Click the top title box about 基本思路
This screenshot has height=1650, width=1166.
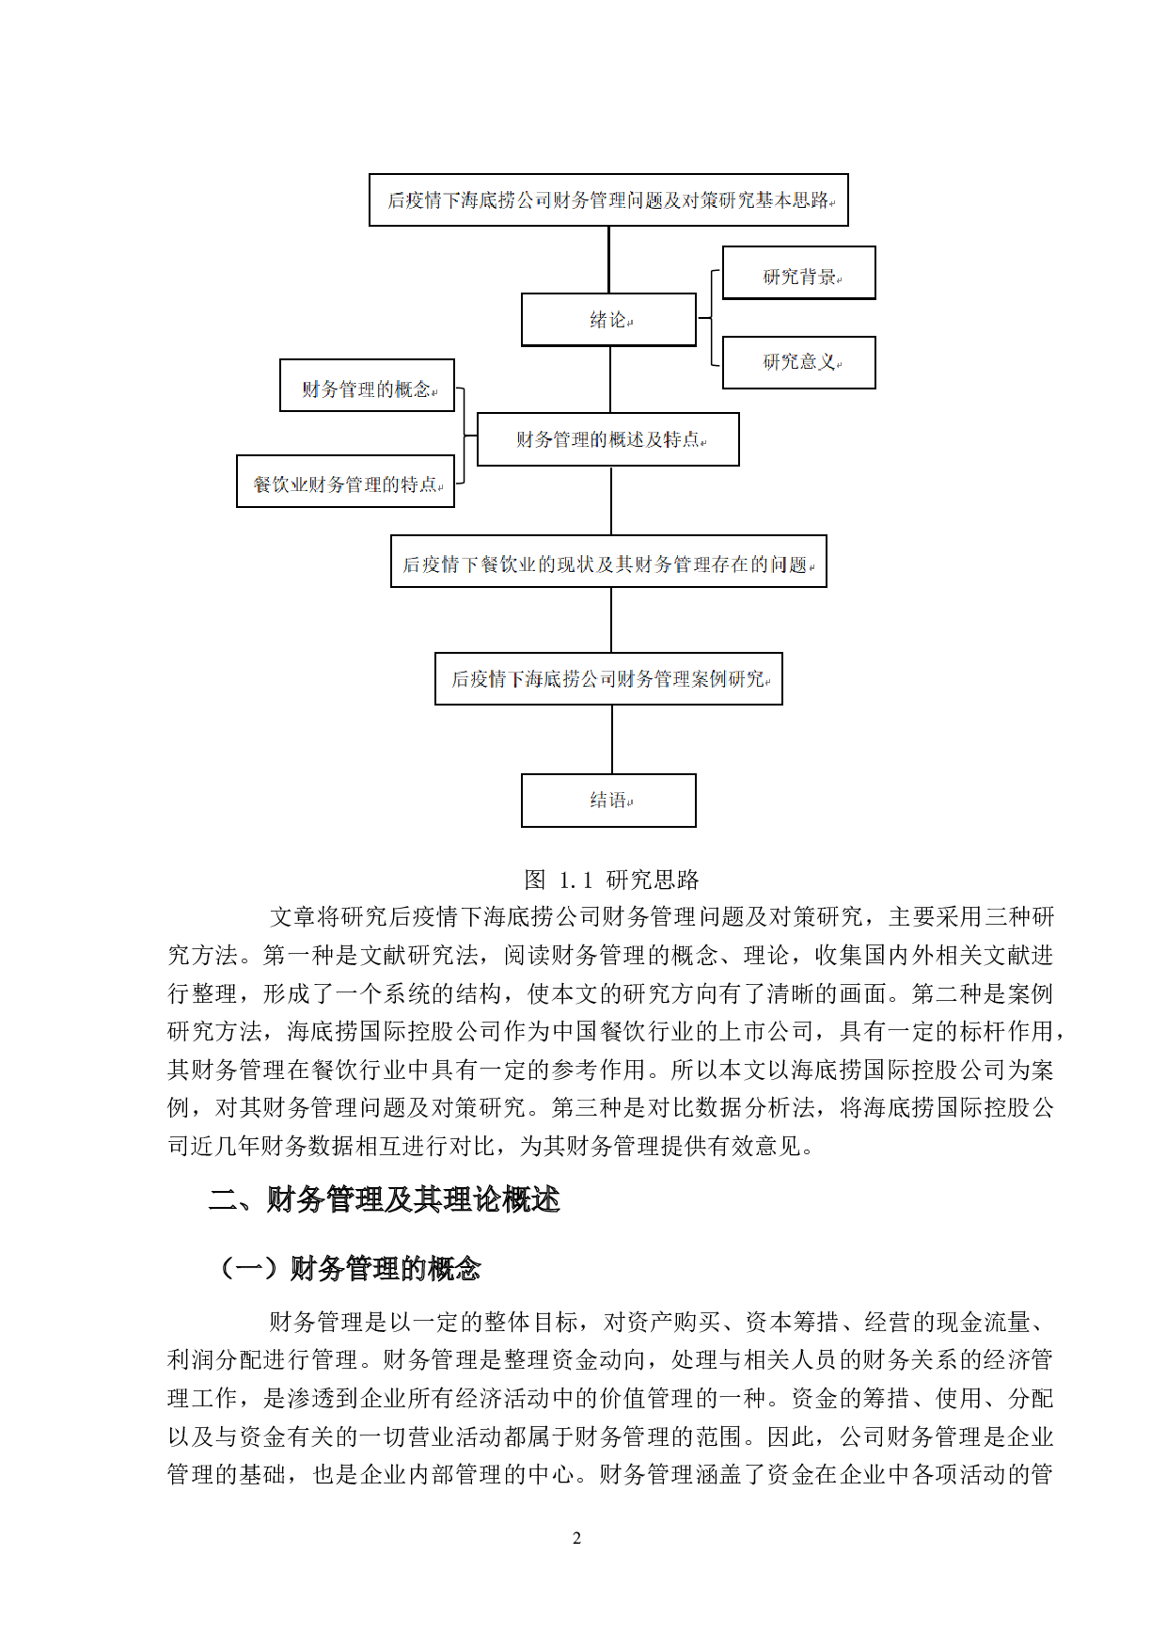pos(608,199)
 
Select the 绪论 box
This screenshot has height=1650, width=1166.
pos(608,320)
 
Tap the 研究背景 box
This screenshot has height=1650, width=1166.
pos(798,273)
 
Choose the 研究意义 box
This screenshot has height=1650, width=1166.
pos(798,362)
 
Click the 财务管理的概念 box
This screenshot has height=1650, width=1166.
pos(367,386)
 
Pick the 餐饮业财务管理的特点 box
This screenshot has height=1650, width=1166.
pos(345,482)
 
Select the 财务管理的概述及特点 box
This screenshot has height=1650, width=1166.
pos(607,439)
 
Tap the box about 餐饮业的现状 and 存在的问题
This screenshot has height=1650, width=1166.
pos(608,562)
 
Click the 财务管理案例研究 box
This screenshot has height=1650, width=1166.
pos(608,678)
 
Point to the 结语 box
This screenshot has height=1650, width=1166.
pos(608,801)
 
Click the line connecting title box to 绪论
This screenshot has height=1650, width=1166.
pos(608,260)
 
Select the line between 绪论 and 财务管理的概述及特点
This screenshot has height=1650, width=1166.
pos(610,379)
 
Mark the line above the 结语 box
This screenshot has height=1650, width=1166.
pos(612,739)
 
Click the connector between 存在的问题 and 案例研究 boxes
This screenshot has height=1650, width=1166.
pos(611,620)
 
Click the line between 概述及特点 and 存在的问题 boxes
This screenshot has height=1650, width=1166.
pos(611,500)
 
